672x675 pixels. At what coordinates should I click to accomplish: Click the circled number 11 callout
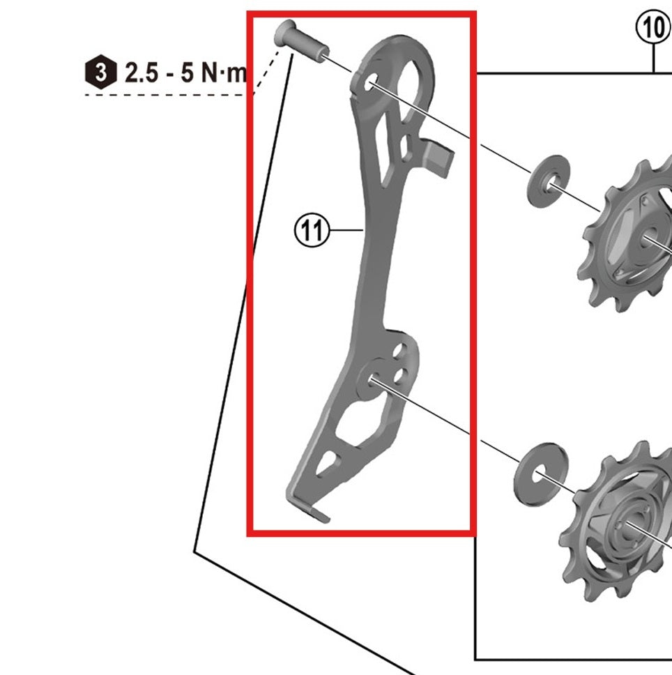[311, 229]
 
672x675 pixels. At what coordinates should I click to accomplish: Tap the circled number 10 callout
[653, 29]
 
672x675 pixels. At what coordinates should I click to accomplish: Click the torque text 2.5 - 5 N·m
[185, 72]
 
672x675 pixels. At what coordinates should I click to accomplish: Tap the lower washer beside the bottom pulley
[540, 471]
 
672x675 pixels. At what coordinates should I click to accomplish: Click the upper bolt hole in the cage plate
[369, 84]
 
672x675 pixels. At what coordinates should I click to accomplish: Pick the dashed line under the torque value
[167, 94]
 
